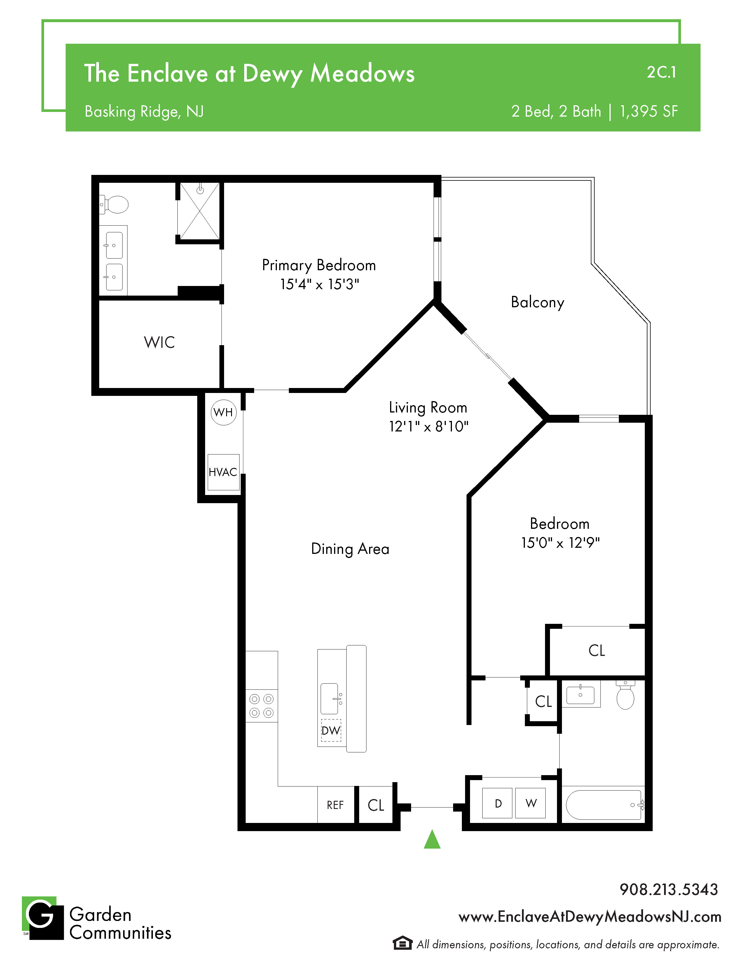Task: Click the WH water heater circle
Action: pos(223,412)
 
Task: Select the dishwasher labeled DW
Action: pos(331,730)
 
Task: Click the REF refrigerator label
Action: pos(335,805)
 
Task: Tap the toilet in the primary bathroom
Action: pos(114,204)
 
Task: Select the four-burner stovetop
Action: pos(262,706)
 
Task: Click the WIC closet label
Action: pos(159,342)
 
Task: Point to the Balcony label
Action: pos(537,303)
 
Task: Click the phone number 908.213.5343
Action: pos(669,889)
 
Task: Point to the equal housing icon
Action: pos(402,943)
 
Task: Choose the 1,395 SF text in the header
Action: pos(649,111)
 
